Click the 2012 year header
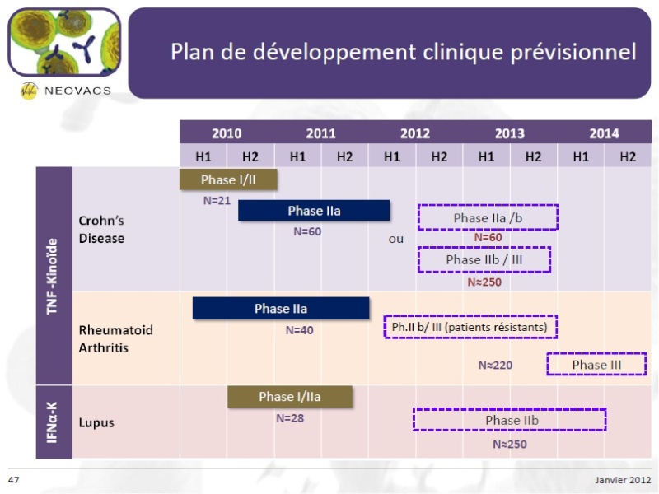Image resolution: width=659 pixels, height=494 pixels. tap(415, 133)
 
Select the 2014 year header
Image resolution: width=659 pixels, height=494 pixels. tap(604, 133)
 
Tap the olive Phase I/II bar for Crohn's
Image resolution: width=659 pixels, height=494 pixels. tap(228, 179)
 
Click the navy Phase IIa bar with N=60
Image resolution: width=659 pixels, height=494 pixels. tap(314, 211)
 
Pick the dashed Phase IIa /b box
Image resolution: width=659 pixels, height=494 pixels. tap(488, 205)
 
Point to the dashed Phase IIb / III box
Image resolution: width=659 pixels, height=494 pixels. tap(484, 248)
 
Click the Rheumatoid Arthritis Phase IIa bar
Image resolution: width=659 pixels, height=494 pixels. tap(281, 308)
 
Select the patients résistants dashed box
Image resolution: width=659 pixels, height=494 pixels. tap(470, 316)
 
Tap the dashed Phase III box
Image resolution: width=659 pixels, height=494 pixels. tap(596, 354)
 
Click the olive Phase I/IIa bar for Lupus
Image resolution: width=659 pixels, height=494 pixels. tap(290, 397)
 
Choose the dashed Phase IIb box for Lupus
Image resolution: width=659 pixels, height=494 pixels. tap(509, 408)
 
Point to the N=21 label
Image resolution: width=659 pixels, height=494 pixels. tap(217, 201)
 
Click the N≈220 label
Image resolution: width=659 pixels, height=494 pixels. tap(496, 365)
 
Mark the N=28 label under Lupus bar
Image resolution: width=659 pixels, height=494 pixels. tap(290, 418)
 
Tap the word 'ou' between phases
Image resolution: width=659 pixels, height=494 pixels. tap(396, 239)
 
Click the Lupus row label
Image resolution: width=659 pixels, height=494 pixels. tap(96, 422)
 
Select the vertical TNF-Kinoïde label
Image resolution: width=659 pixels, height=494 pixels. tap(52, 276)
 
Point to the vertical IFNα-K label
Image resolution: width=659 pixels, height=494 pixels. tap(52, 422)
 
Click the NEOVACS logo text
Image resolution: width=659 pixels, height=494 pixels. tap(77, 91)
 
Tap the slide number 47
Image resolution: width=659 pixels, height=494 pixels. tap(13, 480)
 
